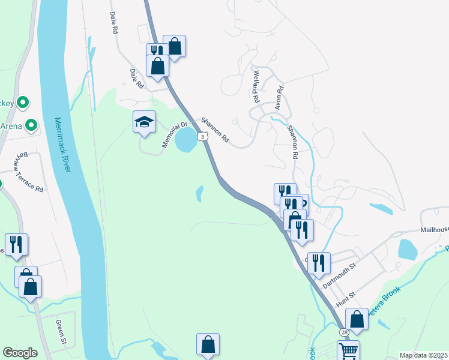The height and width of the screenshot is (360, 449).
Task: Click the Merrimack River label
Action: [x=62, y=144]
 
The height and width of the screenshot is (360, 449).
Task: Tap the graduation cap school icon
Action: [x=144, y=122]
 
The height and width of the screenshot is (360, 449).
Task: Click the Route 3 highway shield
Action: [x=203, y=137]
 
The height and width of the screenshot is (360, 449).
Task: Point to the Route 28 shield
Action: [x=343, y=332]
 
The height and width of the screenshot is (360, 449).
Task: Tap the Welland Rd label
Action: [x=256, y=86]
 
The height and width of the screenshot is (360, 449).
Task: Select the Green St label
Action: [x=61, y=332]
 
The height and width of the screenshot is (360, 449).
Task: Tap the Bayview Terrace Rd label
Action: [x=30, y=172]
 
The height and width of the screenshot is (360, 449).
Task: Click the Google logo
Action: [x=20, y=353]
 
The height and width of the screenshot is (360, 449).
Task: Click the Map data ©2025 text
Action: [x=423, y=355]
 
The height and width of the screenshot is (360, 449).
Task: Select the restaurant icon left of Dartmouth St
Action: [x=318, y=262]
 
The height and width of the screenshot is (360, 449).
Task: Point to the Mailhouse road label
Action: [x=434, y=229]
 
